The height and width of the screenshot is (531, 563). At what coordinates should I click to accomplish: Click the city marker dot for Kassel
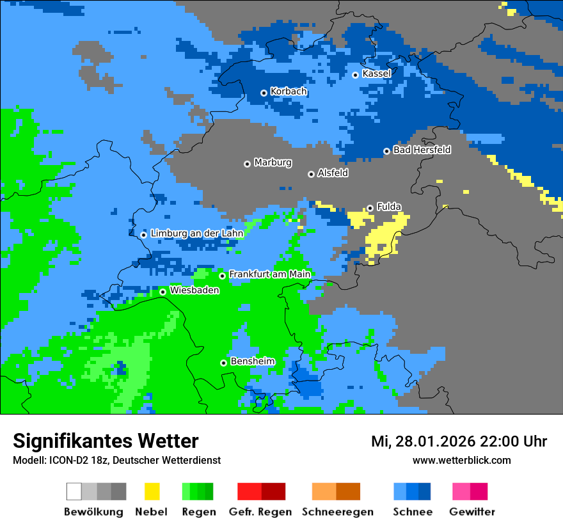[356, 75]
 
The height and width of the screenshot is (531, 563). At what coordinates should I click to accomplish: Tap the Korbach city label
[289, 91]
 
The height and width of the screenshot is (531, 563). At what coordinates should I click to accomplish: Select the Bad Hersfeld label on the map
[422, 150]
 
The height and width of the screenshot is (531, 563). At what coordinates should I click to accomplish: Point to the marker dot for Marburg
[247, 164]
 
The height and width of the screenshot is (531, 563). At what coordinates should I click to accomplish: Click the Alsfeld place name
[333, 173]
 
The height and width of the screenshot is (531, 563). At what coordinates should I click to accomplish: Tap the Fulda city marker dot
[370, 208]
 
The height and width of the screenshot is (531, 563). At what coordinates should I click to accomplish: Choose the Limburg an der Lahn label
[196, 234]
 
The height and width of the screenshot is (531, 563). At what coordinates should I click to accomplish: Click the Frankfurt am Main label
[269, 274]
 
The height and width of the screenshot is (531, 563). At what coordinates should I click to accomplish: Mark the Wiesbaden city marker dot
[163, 292]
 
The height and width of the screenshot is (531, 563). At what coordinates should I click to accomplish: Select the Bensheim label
[252, 361]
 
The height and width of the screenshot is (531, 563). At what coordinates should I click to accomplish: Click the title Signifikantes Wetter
[106, 441]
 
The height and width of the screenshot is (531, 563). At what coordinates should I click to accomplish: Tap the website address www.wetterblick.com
[461, 460]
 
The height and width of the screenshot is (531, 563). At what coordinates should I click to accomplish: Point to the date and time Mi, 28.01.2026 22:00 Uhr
[459, 441]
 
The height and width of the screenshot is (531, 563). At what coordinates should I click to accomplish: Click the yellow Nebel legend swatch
[152, 491]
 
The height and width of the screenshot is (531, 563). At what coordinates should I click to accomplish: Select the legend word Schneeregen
[337, 512]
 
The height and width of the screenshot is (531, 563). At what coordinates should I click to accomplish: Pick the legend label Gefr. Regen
[260, 512]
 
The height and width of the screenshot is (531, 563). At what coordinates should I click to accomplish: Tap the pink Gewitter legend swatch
[461, 491]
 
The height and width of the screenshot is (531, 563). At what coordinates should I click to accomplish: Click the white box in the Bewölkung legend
[74, 491]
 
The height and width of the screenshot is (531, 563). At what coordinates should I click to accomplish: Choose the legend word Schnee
[412, 512]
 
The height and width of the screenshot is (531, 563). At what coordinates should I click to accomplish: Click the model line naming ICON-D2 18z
[116, 460]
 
